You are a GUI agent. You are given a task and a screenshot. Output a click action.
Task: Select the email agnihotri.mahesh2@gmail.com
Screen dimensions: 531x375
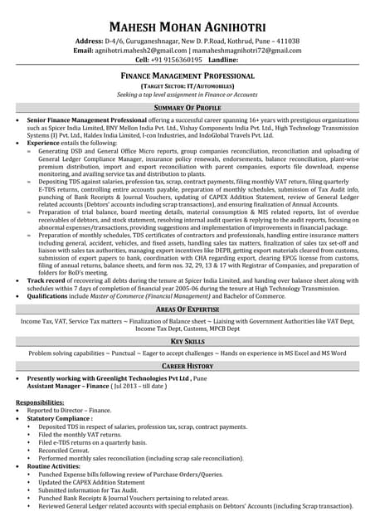pyautogui.click(x=140, y=51)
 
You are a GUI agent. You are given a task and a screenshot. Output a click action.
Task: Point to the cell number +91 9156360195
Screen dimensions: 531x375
pyautogui.click(x=176, y=61)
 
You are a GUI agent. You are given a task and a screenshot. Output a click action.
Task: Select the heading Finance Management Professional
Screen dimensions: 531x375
pyautogui.click(x=187, y=76)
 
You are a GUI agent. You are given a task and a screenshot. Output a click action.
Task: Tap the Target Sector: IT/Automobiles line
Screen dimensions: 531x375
pyautogui.click(x=187, y=85)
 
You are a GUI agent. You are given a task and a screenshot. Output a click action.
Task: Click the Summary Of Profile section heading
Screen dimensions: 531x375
pyautogui.click(x=187, y=108)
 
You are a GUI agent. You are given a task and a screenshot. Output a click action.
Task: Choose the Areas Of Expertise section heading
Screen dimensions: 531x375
pyautogui.click(x=187, y=309)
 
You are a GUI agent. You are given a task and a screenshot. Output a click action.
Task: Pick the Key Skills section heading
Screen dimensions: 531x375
pyautogui.click(x=187, y=342)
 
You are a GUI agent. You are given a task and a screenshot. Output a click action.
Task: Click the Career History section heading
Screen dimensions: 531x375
pyautogui.click(x=187, y=365)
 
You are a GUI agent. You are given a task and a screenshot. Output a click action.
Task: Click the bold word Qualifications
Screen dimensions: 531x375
pyautogui.click(x=50, y=296)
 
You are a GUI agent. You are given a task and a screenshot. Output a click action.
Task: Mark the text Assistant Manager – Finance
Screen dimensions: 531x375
pyautogui.click(x=70, y=387)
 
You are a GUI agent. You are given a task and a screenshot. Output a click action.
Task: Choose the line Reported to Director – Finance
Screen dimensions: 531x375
pyautogui.click(x=69, y=411)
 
